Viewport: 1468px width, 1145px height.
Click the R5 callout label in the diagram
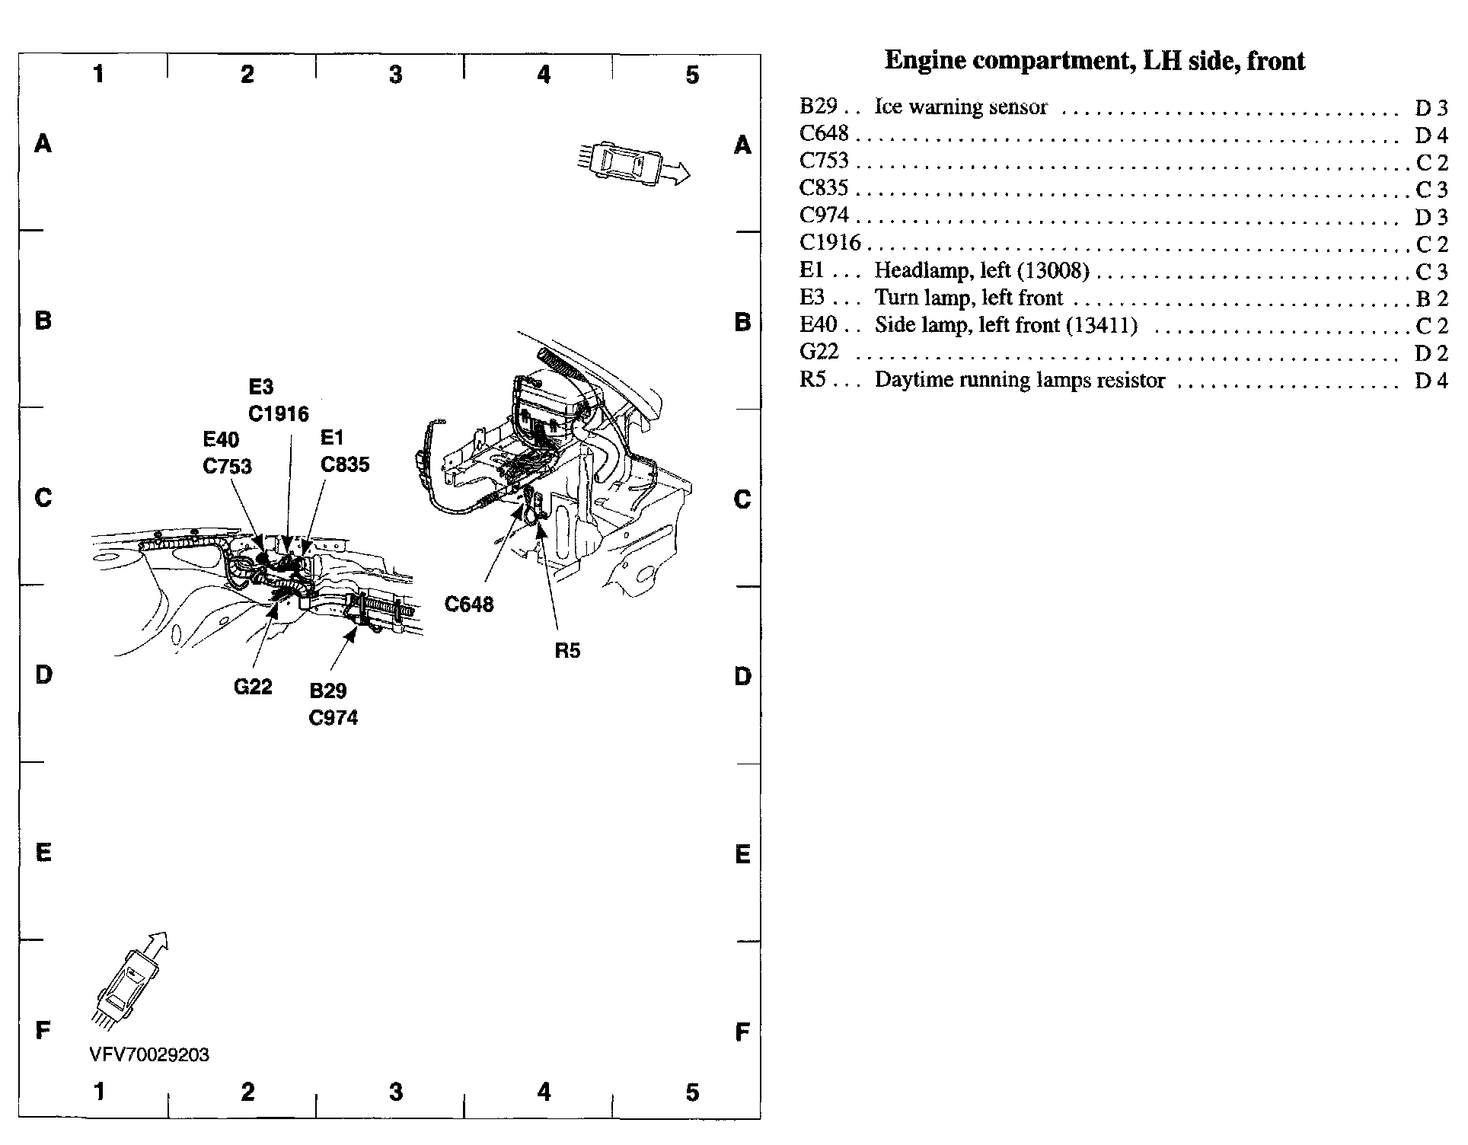click(x=567, y=650)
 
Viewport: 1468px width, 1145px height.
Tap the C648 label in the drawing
click(x=469, y=604)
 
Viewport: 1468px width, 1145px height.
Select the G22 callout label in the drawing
click(x=253, y=687)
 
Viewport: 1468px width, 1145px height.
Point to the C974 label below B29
click(x=333, y=718)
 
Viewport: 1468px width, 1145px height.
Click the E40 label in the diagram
click(x=221, y=440)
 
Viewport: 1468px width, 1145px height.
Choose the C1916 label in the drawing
click(x=279, y=414)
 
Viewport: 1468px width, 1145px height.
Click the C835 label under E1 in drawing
click(x=345, y=464)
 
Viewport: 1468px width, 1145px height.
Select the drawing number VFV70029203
click(x=149, y=1054)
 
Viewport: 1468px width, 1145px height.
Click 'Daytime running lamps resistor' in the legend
click(x=1020, y=380)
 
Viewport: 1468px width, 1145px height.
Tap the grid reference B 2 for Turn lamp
click(x=1431, y=299)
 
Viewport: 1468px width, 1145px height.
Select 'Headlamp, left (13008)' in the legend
click(x=981, y=271)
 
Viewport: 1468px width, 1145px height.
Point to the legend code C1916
click(x=830, y=243)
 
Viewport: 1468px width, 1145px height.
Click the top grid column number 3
click(x=395, y=75)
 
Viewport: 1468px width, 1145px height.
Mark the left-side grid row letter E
click(x=43, y=853)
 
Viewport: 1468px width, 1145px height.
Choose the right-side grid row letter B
click(x=742, y=322)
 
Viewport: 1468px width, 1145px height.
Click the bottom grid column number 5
click(x=691, y=1092)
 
